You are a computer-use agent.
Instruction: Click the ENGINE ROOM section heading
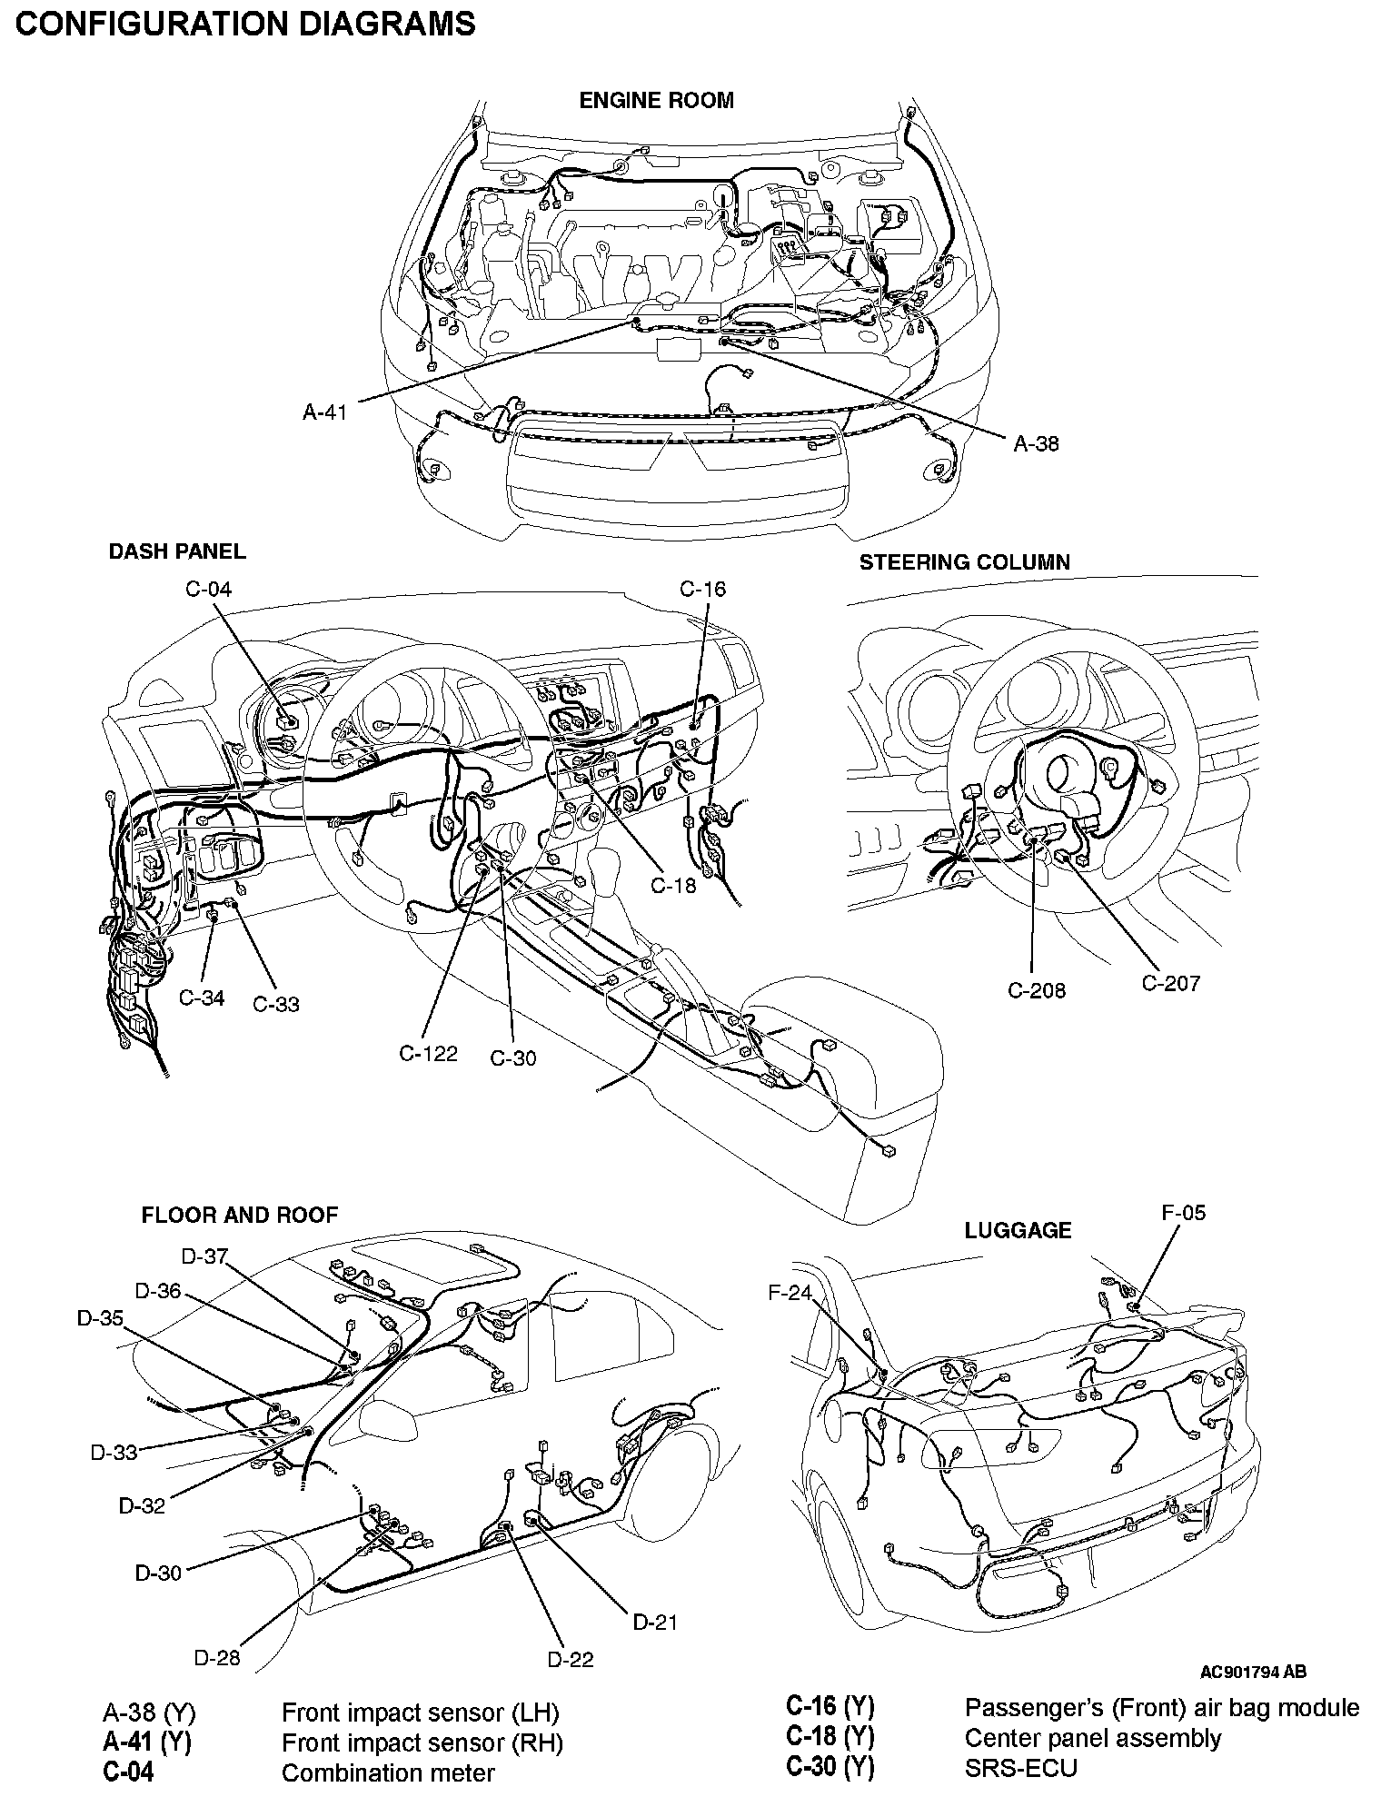[x=656, y=101]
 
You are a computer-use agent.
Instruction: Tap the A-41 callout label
[x=324, y=412]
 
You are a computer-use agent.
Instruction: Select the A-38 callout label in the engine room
[x=1036, y=444]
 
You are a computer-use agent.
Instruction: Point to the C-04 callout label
[x=208, y=590]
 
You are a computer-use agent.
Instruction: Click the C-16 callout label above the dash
[x=702, y=590]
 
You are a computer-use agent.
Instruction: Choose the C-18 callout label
[x=673, y=885]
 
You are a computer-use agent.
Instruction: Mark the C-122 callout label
[x=428, y=1054]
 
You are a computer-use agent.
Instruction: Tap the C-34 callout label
[x=201, y=998]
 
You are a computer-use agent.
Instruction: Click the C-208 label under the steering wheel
[x=1036, y=990]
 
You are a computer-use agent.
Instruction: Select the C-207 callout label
[x=1170, y=983]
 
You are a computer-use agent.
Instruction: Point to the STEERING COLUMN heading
[x=964, y=562]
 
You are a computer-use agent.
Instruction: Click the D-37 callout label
[x=204, y=1256]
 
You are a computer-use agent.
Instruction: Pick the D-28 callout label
[x=217, y=1657]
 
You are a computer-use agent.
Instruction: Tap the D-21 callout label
[x=654, y=1622]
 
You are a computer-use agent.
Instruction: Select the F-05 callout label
[x=1183, y=1213]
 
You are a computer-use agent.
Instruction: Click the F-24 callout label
[x=790, y=1293]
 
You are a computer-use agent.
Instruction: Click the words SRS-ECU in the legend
[x=1020, y=1768]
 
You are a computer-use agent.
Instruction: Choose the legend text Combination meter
[x=388, y=1772]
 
